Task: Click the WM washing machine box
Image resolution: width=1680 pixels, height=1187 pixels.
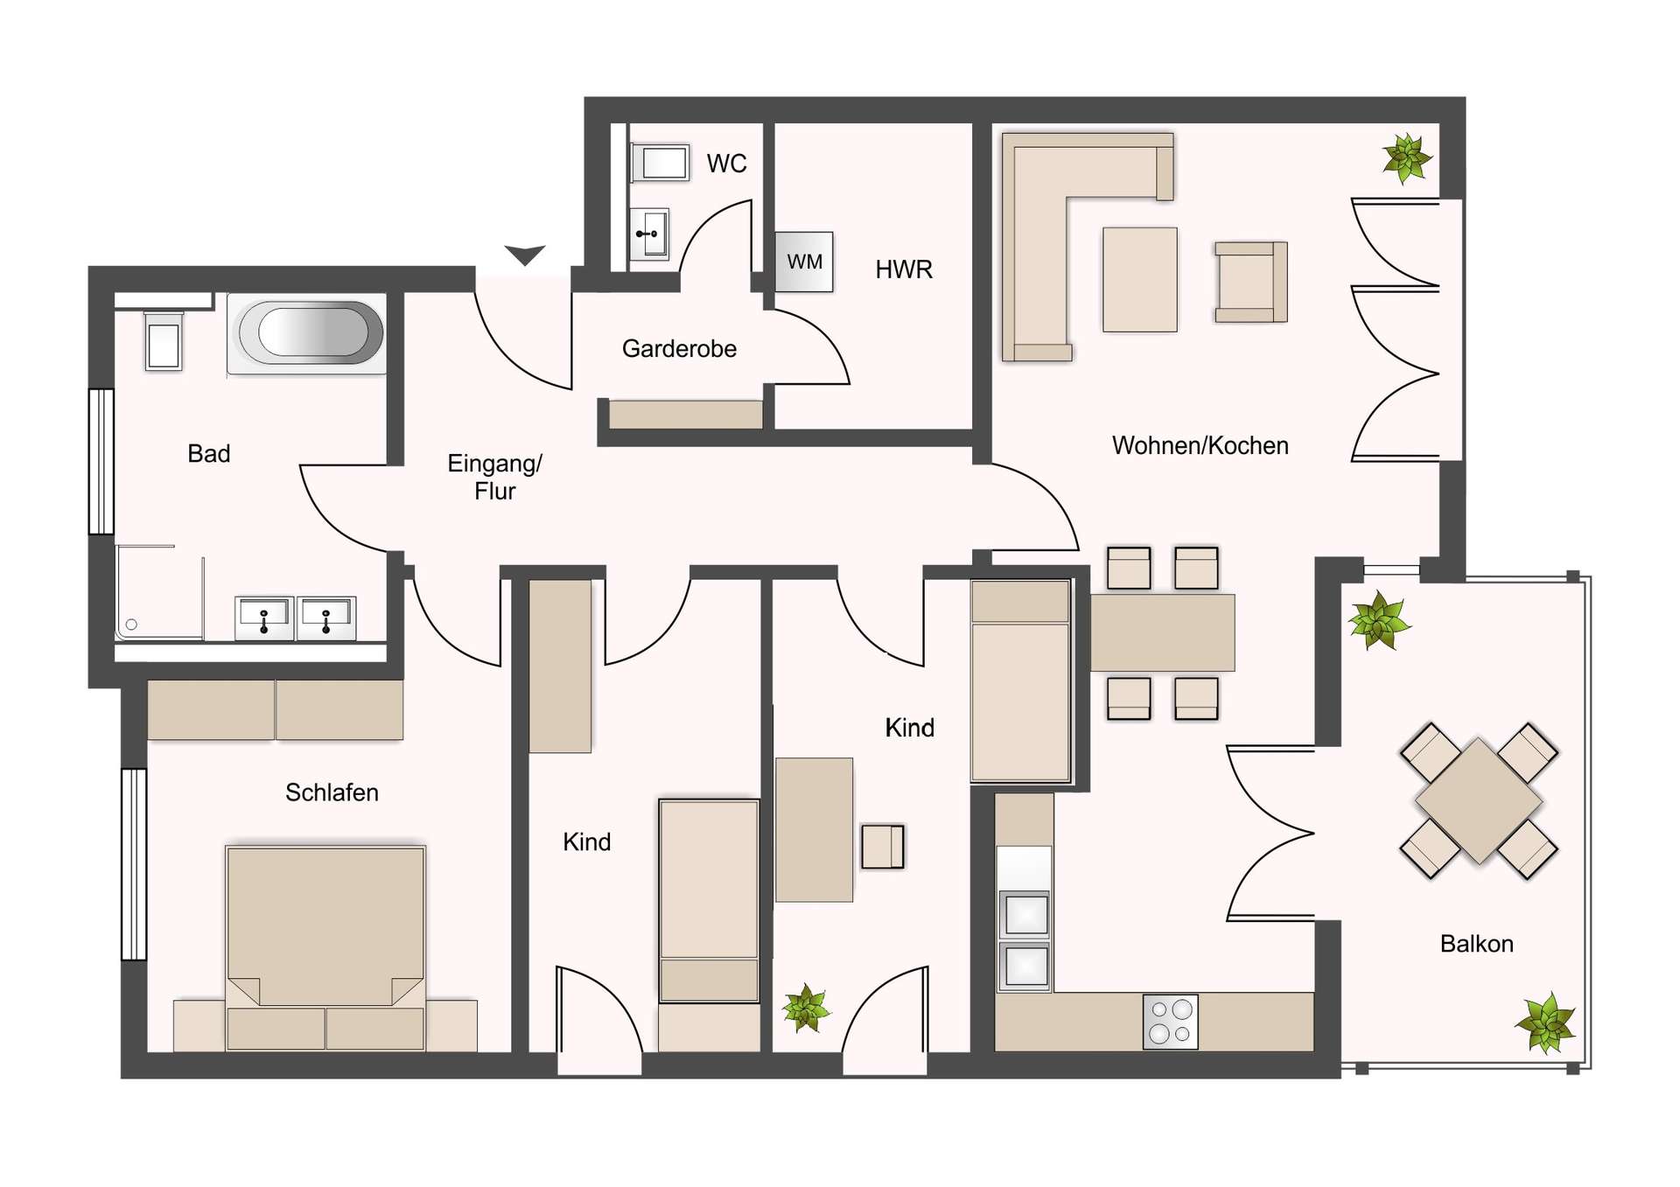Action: coord(804,262)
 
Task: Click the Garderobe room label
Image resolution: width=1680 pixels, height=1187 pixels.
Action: coord(679,349)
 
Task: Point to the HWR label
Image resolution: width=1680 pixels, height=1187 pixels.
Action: coord(904,269)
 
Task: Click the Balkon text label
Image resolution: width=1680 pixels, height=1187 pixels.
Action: coord(1476,944)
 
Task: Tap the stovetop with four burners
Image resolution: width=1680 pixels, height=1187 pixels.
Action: coord(1171,1021)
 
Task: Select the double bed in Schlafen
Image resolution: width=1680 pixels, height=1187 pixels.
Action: coord(325,948)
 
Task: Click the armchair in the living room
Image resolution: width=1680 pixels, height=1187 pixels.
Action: coord(1251,283)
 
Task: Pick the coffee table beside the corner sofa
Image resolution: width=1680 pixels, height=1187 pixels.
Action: coord(1140,280)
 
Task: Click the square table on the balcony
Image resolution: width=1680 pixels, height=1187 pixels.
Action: coord(1479,800)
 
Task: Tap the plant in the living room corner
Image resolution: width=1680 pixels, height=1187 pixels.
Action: coord(1407,158)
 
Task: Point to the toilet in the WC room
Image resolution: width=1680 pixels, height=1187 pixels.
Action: coord(660,163)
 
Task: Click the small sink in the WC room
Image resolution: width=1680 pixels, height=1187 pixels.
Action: coord(650,234)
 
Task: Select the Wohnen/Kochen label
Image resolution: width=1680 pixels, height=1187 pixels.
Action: coord(1200,446)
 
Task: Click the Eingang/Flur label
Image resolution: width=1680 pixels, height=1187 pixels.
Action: coord(494,477)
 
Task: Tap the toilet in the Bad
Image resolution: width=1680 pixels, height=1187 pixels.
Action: coord(164,341)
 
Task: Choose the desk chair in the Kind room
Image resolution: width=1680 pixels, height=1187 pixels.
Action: coord(883,846)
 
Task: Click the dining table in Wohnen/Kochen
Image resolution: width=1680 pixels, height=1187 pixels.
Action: coord(1163,632)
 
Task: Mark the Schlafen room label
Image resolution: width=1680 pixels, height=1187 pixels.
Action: coord(332,792)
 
